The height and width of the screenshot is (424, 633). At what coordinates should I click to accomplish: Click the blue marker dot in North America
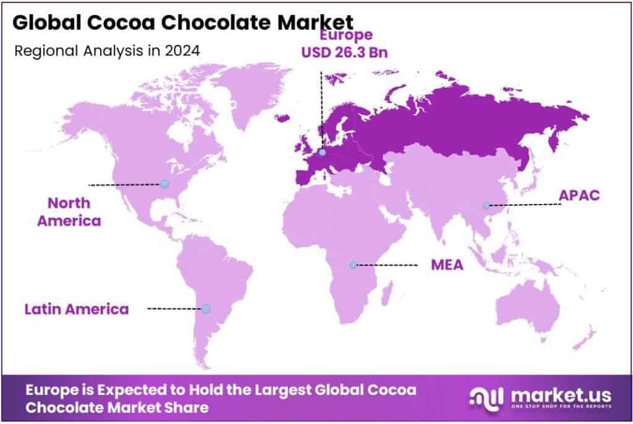point(164,184)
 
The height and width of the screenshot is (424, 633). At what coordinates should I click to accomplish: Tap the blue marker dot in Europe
point(321,150)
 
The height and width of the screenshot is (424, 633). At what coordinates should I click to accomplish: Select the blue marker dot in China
point(486,205)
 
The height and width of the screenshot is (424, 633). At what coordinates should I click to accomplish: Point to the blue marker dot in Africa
point(353,265)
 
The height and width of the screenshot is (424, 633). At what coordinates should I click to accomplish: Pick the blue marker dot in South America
point(206,308)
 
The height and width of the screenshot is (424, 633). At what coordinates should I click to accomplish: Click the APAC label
point(579,196)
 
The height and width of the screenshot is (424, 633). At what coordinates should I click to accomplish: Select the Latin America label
point(77,308)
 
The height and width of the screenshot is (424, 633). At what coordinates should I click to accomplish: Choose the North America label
point(69,211)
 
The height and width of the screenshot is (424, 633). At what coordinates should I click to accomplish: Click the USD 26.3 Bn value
point(345,53)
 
